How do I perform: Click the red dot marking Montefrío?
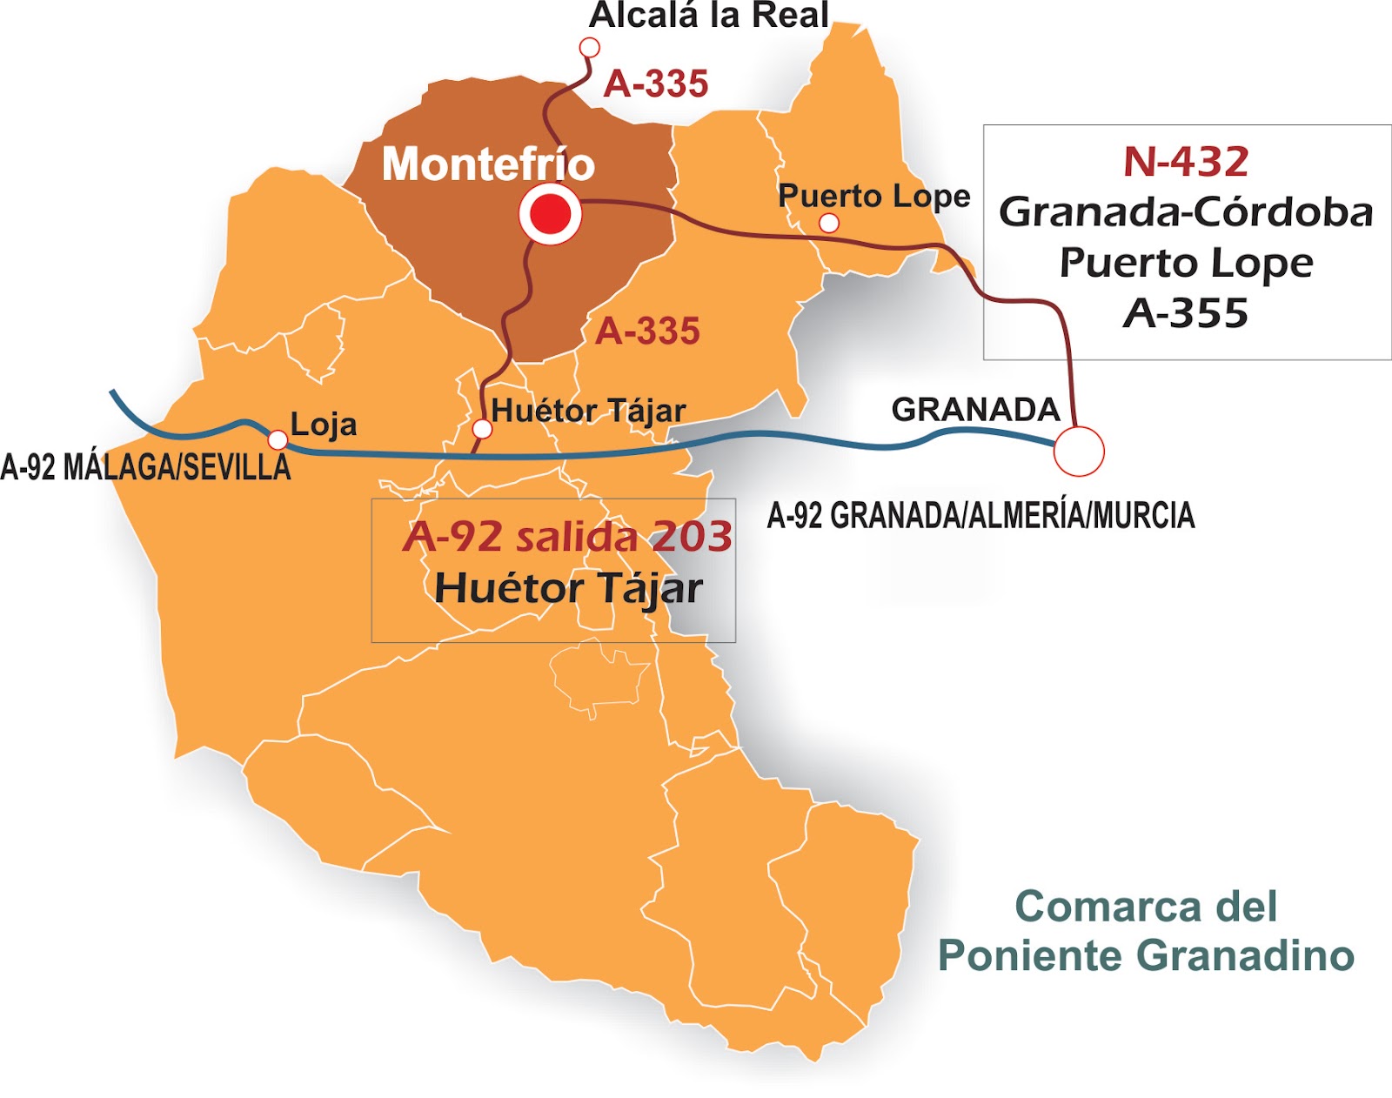[x=550, y=214]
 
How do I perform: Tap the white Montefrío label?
[x=488, y=164]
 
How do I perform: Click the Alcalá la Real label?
[x=709, y=16]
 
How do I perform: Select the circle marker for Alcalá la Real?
[x=589, y=47]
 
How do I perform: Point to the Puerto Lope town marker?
[x=829, y=223]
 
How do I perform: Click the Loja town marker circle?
[x=278, y=439]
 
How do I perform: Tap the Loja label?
[x=324, y=425]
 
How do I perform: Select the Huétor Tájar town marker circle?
[x=482, y=428]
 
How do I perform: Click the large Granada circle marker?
[x=1079, y=452]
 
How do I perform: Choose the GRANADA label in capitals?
[x=975, y=409]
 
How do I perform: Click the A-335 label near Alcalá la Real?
[x=656, y=84]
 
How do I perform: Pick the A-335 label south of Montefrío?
[x=647, y=331]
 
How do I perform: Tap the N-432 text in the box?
[x=1186, y=162]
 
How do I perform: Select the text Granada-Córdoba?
[x=1186, y=212]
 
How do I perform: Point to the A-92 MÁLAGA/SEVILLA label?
[x=145, y=467]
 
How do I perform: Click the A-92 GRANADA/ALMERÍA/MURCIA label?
[x=980, y=516]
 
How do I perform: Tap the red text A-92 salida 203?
[x=567, y=537]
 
